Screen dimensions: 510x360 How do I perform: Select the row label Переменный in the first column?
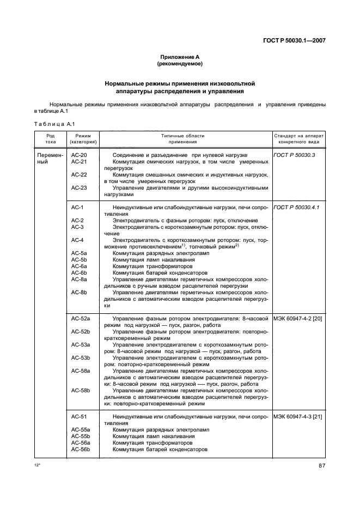pyautogui.click(x=50, y=159)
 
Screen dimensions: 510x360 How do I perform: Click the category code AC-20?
pyautogui.click(x=79, y=155)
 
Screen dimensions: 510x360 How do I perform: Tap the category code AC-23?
pyautogui.click(x=79, y=187)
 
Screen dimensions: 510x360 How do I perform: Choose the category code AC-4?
pyautogui.click(x=77, y=240)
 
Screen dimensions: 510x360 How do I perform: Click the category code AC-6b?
pyautogui.click(x=79, y=272)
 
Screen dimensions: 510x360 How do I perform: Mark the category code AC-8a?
pyautogui.click(x=79, y=279)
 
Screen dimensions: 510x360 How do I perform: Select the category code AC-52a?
pyautogui.click(x=80, y=317)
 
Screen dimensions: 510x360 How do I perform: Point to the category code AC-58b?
pyautogui.click(x=80, y=390)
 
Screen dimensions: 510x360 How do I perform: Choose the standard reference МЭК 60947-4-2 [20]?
pyautogui.click(x=298, y=317)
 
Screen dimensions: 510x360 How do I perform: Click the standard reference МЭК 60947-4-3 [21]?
pyautogui.click(x=298, y=416)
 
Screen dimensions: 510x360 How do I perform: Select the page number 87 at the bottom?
pyautogui.click(x=322, y=465)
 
